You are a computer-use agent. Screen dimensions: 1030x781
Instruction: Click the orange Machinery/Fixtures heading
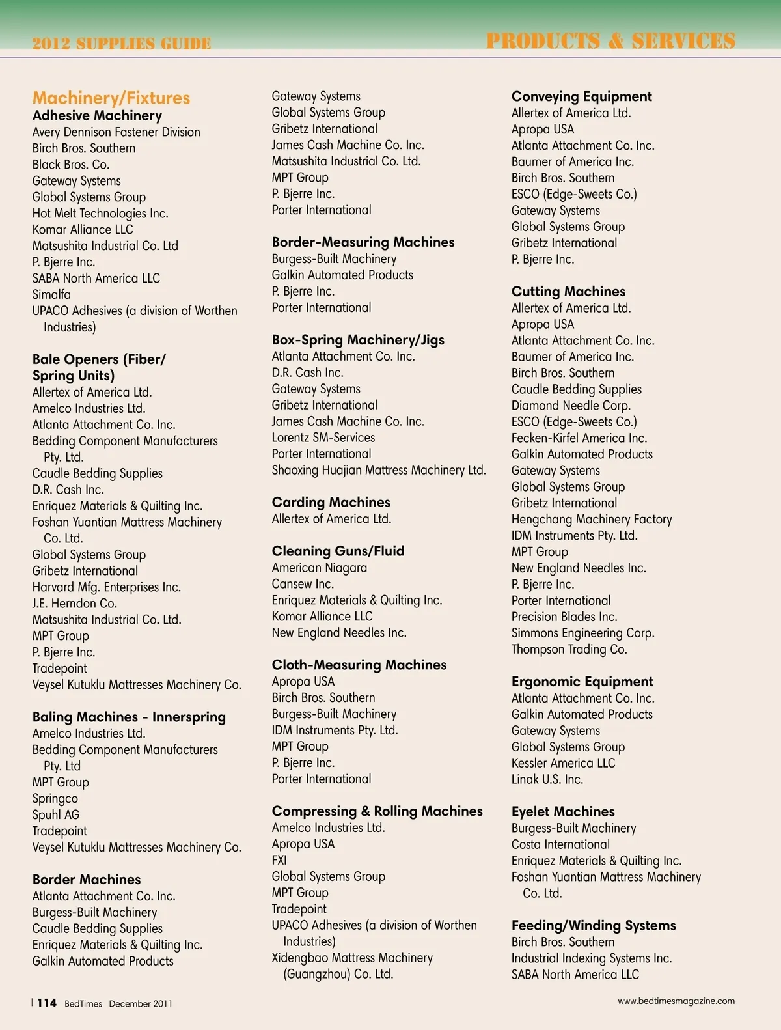[x=111, y=98]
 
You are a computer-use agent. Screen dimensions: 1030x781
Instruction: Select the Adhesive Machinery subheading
[x=97, y=116]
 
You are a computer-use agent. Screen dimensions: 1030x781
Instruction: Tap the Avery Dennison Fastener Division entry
[x=116, y=132]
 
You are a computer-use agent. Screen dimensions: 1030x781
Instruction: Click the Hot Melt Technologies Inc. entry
[x=100, y=214]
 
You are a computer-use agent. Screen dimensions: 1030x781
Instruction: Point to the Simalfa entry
[x=51, y=295]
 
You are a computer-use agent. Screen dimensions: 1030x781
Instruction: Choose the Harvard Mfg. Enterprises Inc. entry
[x=107, y=587]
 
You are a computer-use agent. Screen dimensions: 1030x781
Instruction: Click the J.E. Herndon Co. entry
[x=75, y=604]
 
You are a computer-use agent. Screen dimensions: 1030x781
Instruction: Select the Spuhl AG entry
[x=56, y=815]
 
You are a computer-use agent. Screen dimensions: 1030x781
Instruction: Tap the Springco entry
[x=55, y=799]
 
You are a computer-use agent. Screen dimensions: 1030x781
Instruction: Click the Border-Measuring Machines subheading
[x=363, y=242]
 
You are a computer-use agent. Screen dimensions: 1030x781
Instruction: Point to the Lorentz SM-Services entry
[x=323, y=438]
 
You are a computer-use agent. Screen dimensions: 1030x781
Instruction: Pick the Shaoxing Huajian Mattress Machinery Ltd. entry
[x=379, y=470]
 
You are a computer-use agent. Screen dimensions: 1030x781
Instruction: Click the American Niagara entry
[x=320, y=568]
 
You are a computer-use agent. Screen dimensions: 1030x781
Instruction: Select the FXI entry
[x=279, y=860]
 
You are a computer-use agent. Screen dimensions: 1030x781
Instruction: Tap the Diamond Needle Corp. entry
[x=571, y=406]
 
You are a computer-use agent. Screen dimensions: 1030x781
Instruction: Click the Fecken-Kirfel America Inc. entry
[x=579, y=438]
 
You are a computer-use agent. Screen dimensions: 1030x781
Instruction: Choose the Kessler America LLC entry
[x=563, y=763]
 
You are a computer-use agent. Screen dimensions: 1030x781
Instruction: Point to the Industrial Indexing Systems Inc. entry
[x=592, y=958]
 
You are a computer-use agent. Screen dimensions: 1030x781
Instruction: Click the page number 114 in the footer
[x=47, y=1003]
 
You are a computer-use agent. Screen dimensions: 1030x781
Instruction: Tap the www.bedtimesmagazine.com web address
[x=676, y=1001]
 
